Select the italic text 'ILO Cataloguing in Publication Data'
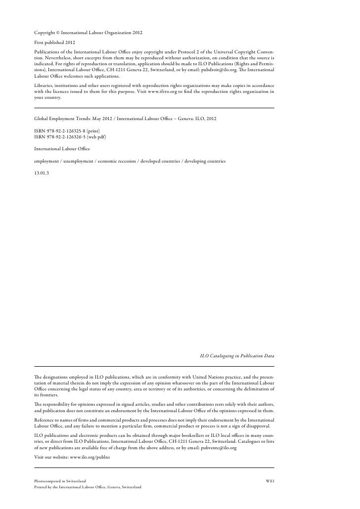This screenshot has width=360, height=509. [x=237, y=355]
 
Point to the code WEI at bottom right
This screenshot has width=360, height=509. [x=270, y=480]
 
